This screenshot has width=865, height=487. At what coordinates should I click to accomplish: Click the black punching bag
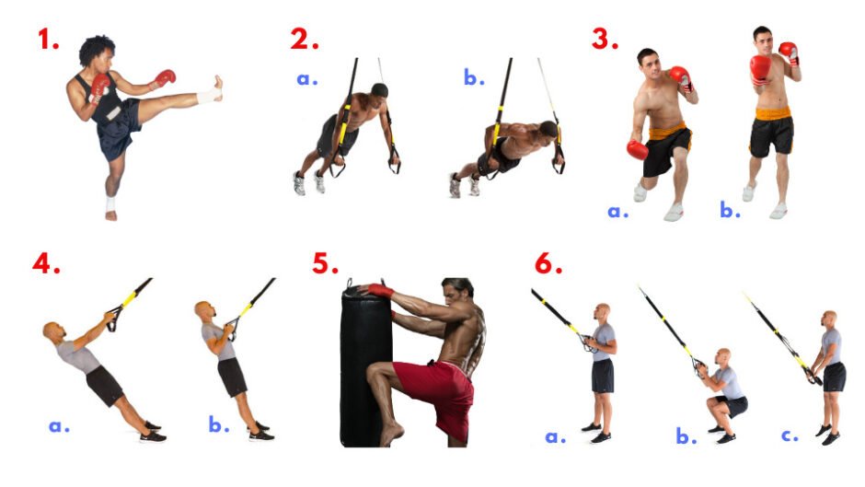coord(364,365)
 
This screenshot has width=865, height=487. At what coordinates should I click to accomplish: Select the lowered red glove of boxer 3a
coord(637,150)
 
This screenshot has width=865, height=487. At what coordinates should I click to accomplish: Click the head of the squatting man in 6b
coord(722,356)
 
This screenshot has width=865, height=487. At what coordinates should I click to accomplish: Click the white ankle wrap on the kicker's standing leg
coord(110,203)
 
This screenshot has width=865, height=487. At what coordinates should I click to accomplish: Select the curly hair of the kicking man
coord(97,48)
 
